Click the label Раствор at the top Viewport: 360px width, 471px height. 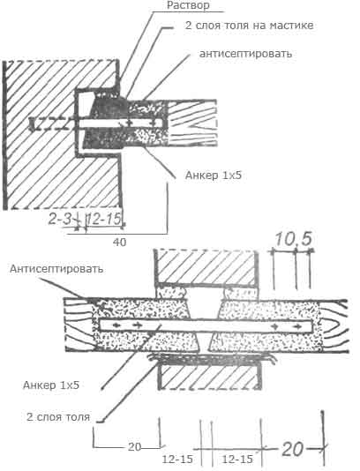coord(188,5)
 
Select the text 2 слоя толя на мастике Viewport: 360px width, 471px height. coord(249,26)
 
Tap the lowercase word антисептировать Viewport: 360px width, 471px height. coord(245,54)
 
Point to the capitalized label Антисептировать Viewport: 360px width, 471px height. coord(56,268)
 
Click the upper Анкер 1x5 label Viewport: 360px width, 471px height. coord(213,176)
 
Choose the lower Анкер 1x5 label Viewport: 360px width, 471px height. coord(51,385)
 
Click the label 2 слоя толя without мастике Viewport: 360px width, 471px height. coord(58,417)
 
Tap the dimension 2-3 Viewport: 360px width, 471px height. coord(60,220)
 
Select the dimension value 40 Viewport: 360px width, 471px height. coord(120,242)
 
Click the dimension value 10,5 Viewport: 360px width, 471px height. coord(293,239)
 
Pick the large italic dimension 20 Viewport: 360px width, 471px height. coord(292,450)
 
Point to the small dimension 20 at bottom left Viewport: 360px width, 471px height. coord(134,447)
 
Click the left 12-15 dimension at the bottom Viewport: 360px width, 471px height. coord(177,459)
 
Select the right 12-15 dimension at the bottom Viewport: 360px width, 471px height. coord(237,459)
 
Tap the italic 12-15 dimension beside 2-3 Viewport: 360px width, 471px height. coord(104,220)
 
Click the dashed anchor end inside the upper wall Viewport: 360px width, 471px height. coord(52,124)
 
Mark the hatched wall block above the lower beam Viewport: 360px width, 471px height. coord(206,266)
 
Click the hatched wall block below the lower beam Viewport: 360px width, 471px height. coord(210,377)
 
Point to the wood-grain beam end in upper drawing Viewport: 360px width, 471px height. coord(192,123)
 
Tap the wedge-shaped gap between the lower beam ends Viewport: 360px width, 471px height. coord(204,310)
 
